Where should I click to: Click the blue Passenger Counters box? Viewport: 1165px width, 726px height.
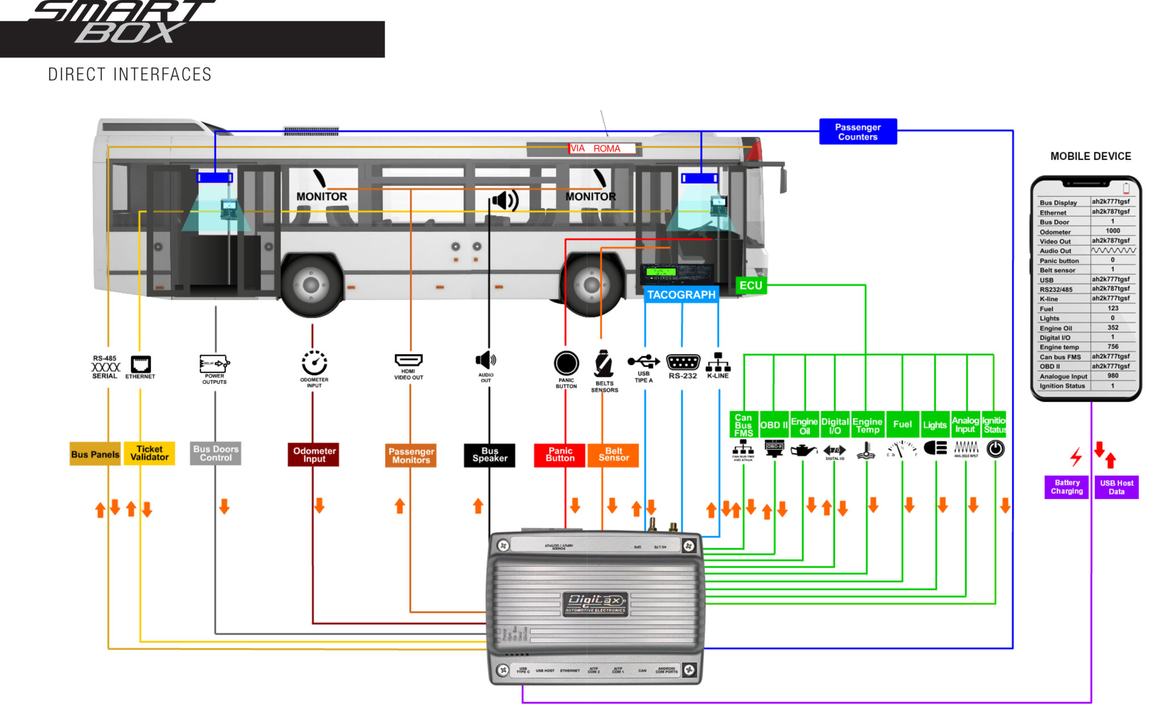point(857,132)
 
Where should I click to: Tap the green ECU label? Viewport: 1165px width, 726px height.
point(750,285)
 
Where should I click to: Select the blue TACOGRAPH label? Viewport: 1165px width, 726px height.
point(681,294)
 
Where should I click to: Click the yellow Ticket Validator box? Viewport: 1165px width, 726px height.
point(150,453)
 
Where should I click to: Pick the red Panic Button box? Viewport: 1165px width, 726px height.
point(560,455)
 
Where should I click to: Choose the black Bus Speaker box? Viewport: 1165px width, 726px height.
point(489,455)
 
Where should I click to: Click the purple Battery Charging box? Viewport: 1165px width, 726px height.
point(1067,487)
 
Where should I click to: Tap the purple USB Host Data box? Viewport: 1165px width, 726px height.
point(1116,487)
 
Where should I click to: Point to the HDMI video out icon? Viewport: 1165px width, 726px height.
point(408,360)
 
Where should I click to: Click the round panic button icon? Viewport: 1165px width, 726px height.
point(566,363)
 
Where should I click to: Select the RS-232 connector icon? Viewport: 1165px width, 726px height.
point(683,362)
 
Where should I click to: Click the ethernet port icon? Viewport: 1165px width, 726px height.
point(141,364)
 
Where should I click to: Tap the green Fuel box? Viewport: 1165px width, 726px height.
point(902,424)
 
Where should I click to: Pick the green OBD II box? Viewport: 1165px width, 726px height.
point(774,425)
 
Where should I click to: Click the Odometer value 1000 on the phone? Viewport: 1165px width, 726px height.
point(1113,231)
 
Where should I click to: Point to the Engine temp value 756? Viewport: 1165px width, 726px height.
point(1113,346)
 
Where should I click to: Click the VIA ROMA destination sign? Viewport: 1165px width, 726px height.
point(602,148)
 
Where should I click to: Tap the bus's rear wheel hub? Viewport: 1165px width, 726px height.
point(311,285)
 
